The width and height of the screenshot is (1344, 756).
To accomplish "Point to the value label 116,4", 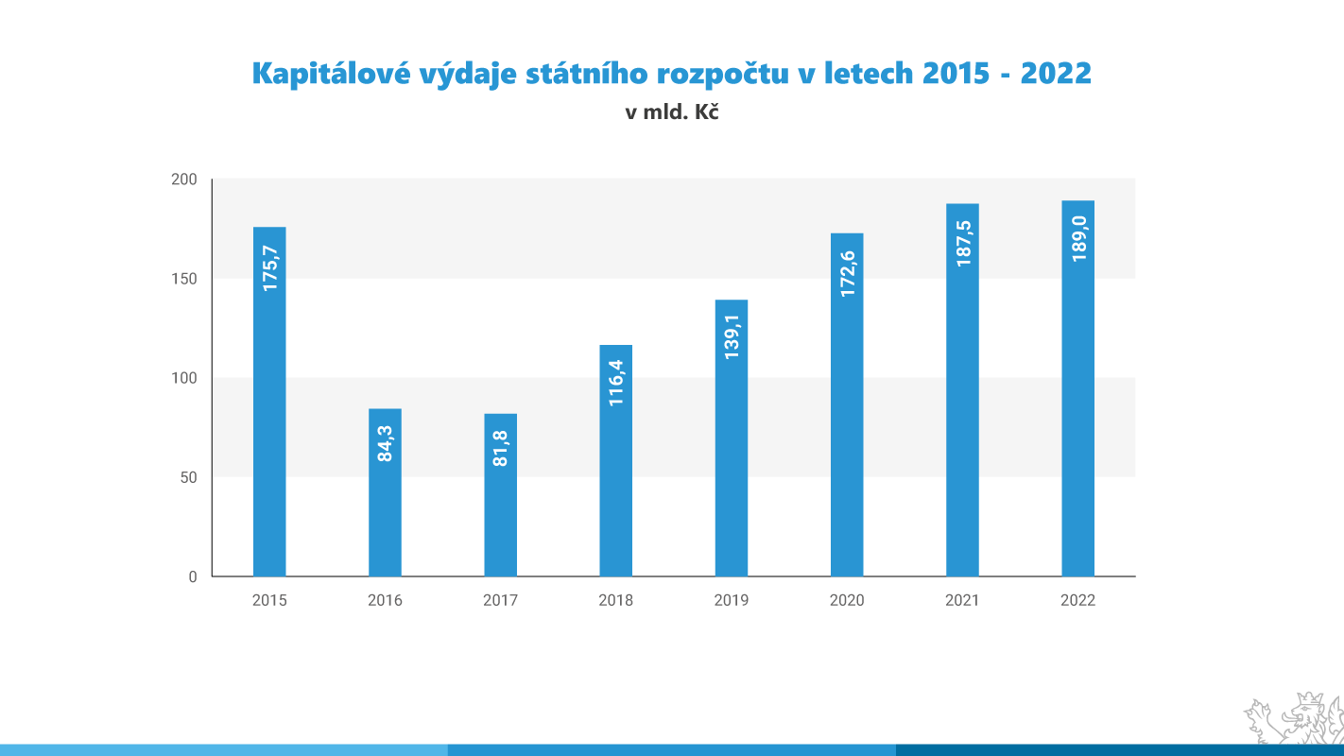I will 616,383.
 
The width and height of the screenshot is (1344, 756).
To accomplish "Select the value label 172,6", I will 848,273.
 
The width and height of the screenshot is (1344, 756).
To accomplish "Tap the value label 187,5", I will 963,243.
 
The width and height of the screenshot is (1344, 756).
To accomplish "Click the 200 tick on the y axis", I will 186,180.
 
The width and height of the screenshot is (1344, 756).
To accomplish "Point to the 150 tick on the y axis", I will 186,279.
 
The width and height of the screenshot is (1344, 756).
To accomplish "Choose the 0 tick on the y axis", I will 193,576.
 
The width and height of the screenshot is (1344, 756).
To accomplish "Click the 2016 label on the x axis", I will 385,600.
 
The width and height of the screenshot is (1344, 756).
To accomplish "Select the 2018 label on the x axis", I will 616,600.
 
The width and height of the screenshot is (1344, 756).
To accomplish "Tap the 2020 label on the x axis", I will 847,600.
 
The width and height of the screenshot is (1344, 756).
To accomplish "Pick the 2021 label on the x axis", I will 962,600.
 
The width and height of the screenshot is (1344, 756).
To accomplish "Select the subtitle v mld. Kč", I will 672,112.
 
